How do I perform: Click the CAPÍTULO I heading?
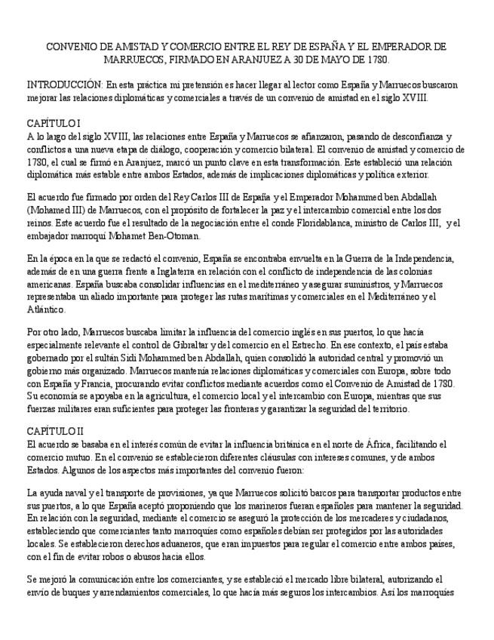point(53,123)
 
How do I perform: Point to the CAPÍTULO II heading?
point(54,432)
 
